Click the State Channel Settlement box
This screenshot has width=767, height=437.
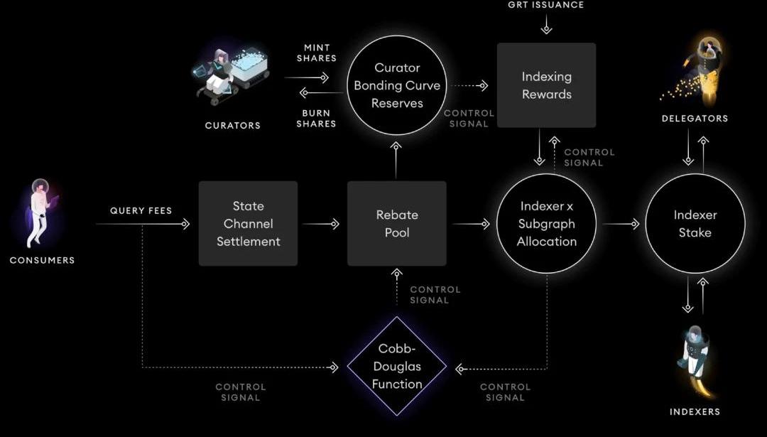(x=248, y=224)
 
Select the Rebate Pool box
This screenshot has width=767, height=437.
(x=397, y=224)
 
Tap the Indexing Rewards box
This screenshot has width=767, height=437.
(x=546, y=85)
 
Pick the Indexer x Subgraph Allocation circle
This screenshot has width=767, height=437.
(x=546, y=224)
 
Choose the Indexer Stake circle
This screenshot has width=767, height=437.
(x=695, y=224)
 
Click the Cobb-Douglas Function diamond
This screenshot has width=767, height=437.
(x=397, y=366)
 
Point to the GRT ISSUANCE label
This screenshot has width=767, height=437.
(x=546, y=5)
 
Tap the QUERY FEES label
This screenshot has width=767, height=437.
(x=141, y=211)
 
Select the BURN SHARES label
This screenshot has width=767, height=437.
(x=317, y=119)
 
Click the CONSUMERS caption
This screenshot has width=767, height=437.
(x=42, y=260)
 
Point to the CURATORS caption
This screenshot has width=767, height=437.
(x=233, y=126)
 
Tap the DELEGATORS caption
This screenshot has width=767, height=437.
(x=695, y=119)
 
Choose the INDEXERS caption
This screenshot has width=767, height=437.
(x=695, y=411)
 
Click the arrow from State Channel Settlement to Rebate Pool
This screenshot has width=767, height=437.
(x=322, y=224)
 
